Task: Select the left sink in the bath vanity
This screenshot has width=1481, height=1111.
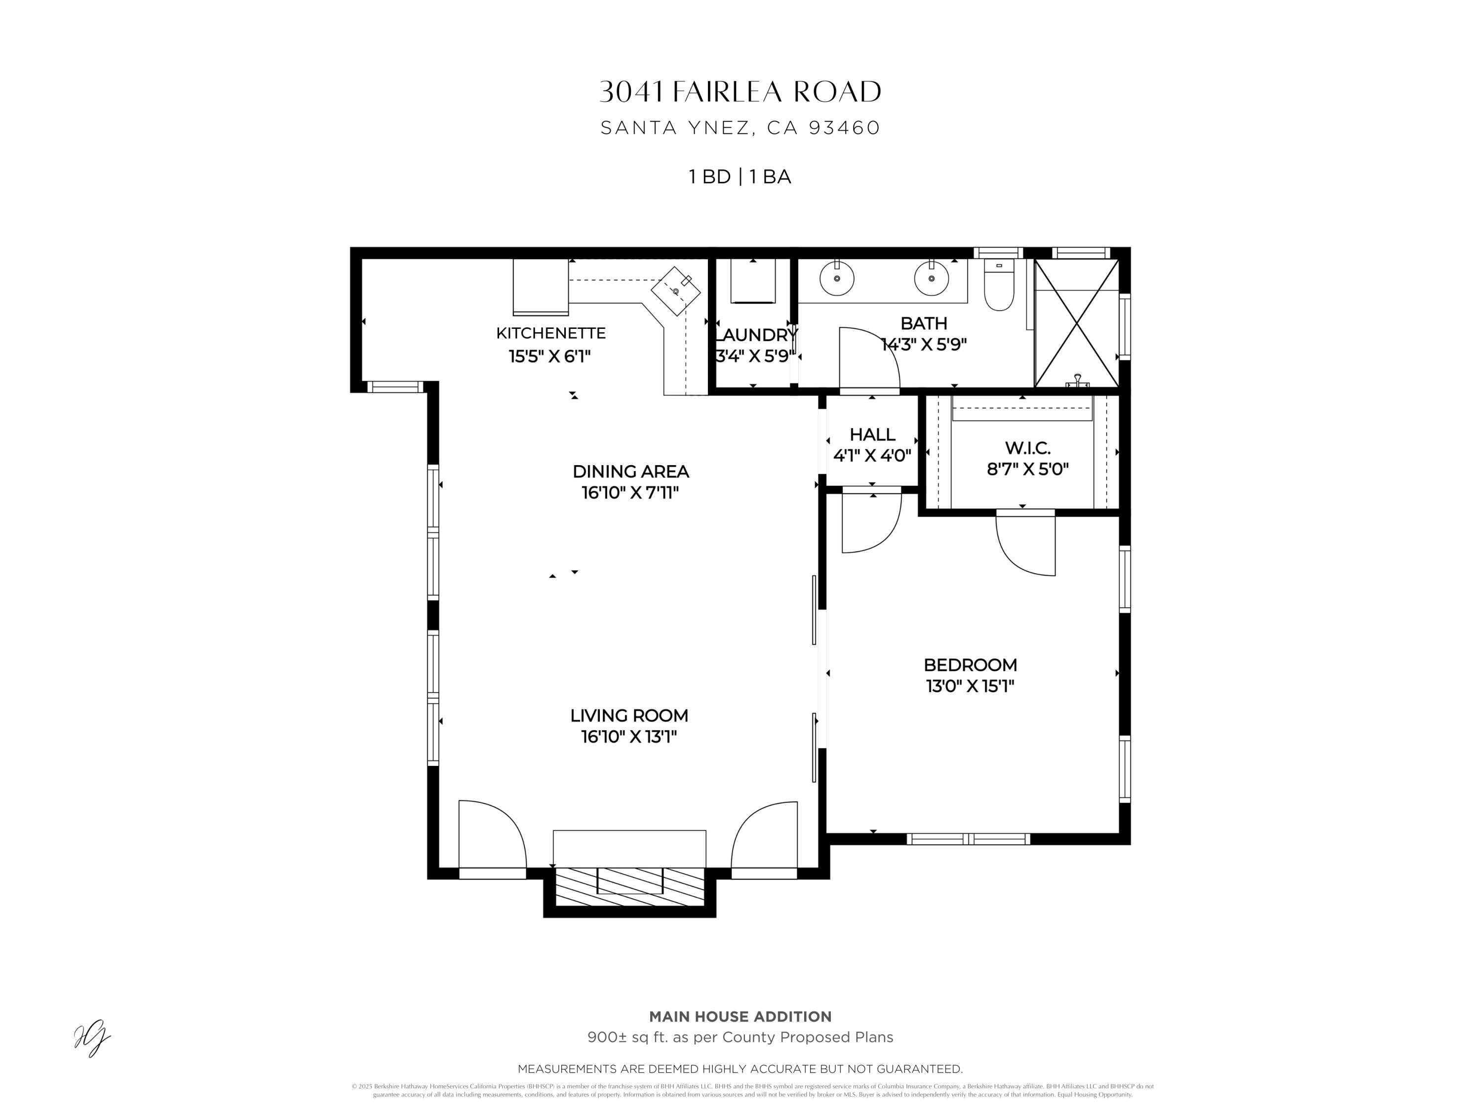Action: click(836, 278)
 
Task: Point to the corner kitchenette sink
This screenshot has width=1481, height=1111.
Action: click(675, 291)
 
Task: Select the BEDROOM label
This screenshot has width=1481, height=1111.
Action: click(970, 665)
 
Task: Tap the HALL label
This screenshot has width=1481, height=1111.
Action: click(872, 434)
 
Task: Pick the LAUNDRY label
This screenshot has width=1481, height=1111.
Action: click(756, 335)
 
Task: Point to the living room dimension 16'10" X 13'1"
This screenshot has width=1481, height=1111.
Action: click(629, 737)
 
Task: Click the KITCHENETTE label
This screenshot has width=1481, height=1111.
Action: click(550, 333)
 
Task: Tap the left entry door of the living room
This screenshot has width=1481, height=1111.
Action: click(492, 837)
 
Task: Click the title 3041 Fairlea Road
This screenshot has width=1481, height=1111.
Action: click(740, 92)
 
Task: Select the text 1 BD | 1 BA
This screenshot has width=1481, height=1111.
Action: click(740, 177)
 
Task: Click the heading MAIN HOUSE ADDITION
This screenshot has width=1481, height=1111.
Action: click(740, 1017)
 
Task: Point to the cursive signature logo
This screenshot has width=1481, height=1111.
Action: click(92, 1037)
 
